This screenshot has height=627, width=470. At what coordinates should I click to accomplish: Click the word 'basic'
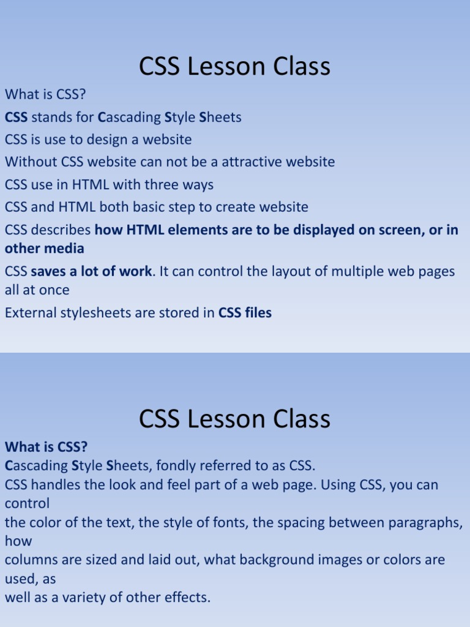[x=150, y=207]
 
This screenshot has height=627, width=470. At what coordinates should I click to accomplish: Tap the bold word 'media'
[x=64, y=249]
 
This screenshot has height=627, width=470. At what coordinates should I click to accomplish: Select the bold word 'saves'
[x=48, y=271]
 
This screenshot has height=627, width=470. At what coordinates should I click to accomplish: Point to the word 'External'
[x=29, y=313]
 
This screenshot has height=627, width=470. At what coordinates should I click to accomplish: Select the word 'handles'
[x=59, y=485]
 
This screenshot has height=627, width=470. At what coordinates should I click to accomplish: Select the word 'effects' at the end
[x=188, y=598]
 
